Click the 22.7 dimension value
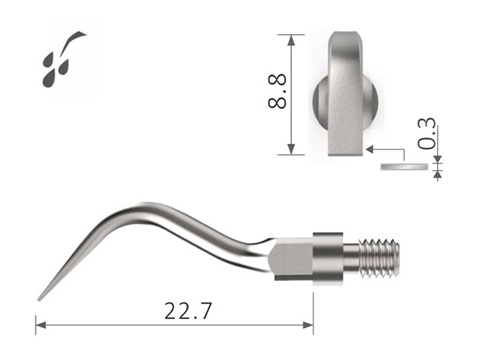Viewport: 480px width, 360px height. pyautogui.click(x=187, y=311)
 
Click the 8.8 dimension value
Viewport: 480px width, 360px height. pyautogui.click(x=277, y=91)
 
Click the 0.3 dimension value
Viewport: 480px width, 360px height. pyautogui.click(x=426, y=134)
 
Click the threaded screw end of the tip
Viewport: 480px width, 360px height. pyautogui.click(x=379, y=258)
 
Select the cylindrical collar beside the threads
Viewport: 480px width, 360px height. pyautogui.click(x=328, y=258)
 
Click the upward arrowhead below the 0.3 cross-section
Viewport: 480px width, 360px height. pyautogui.click(x=438, y=174)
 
